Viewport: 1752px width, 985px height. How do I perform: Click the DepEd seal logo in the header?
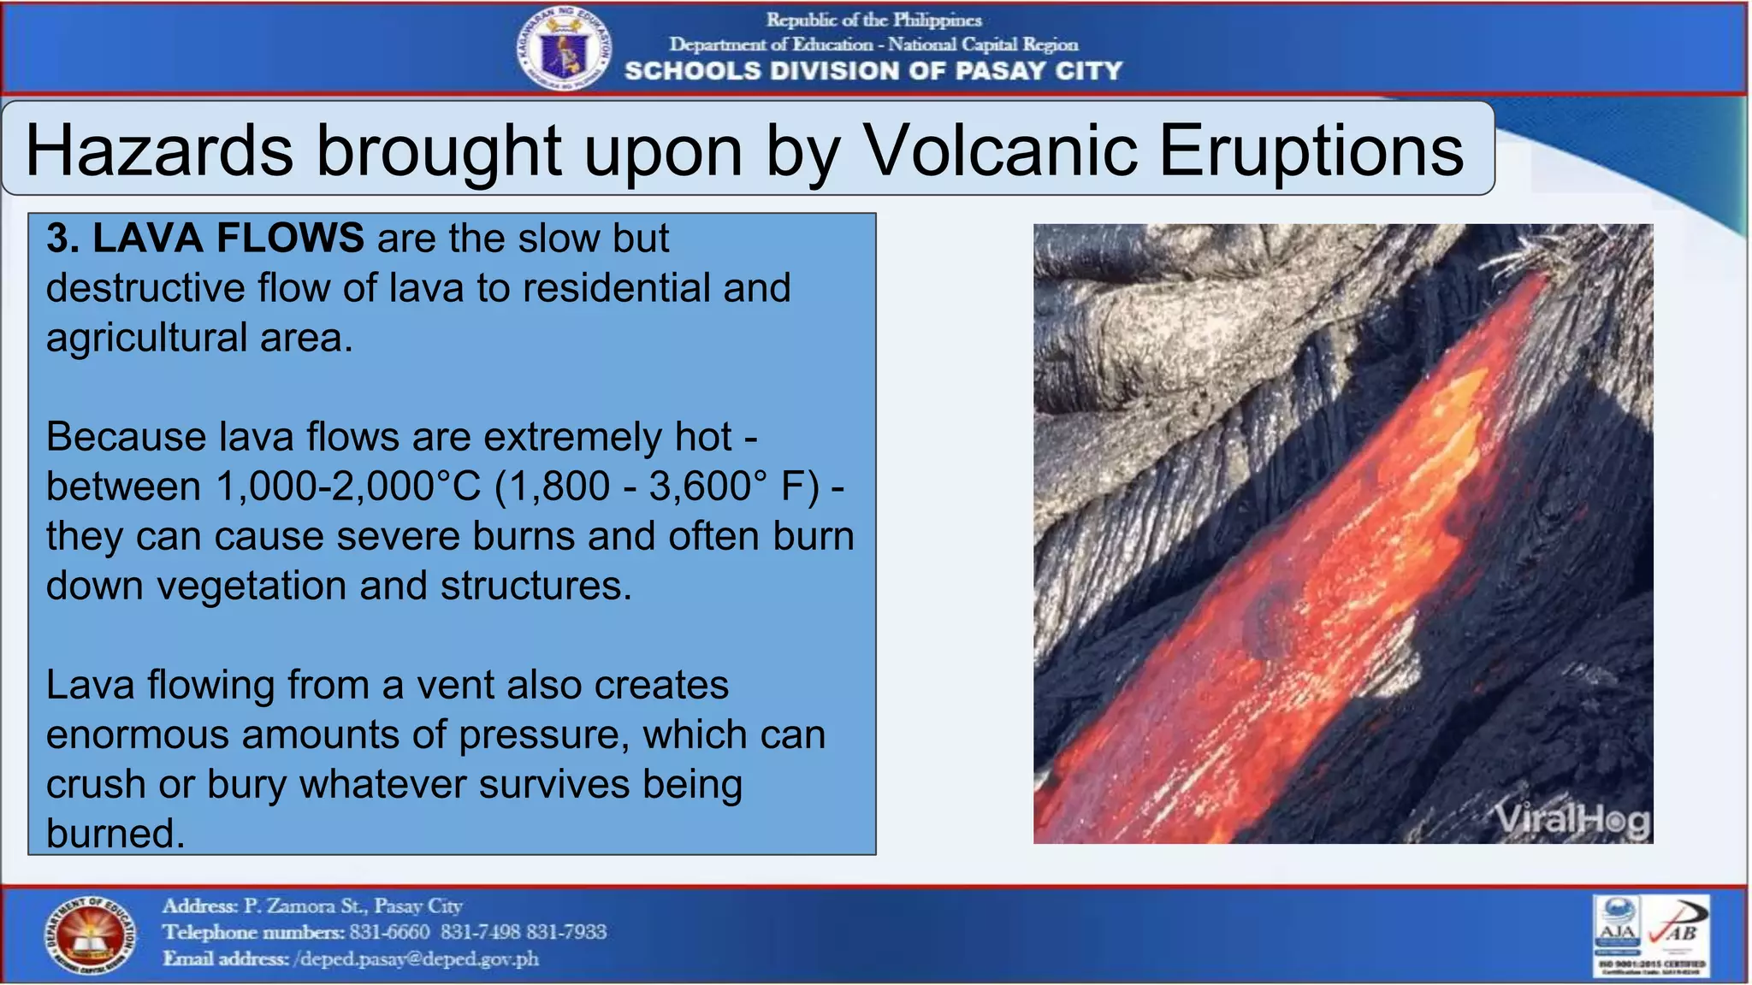pyautogui.click(x=563, y=50)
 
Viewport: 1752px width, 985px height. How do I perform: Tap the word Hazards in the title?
pyautogui.click(x=159, y=150)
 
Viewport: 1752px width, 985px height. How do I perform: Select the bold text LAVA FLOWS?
pyautogui.click(x=228, y=238)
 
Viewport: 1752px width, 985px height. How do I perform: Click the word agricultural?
pyautogui.click(x=146, y=337)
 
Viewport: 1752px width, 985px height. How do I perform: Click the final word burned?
pyautogui.click(x=115, y=834)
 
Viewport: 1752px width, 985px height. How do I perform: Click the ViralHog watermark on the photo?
pyautogui.click(x=1572, y=821)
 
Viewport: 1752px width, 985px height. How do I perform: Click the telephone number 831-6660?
pyautogui.click(x=389, y=932)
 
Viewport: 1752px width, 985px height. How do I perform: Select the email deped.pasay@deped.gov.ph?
pyautogui.click(x=417, y=958)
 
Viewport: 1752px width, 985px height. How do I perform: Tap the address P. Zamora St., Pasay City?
pyautogui.click(x=352, y=905)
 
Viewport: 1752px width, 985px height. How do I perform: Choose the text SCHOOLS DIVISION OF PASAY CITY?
pyautogui.click(x=873, y=71)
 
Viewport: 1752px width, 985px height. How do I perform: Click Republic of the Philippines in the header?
pyautogui.click(x=873, y=20)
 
